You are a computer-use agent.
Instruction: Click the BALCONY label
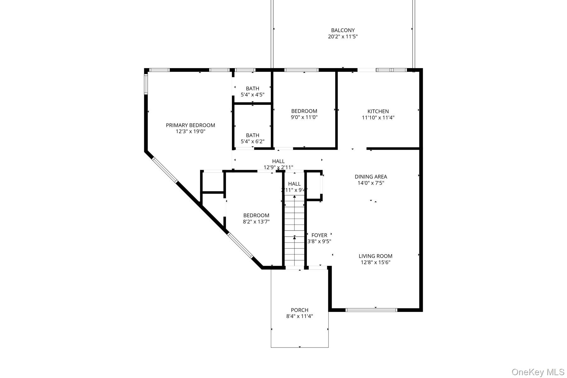343,30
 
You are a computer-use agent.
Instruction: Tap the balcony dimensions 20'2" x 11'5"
343,37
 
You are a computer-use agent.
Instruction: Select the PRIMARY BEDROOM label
191,125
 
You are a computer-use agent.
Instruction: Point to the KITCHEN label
378,111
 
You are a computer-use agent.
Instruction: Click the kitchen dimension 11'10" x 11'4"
378,117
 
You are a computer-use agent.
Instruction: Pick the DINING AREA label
371,177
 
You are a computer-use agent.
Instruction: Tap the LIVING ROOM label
375,256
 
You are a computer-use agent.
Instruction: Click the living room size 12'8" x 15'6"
375,262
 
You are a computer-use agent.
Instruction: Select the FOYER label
319,235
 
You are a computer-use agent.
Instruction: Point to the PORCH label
300,310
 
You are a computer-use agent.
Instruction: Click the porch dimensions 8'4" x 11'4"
300,316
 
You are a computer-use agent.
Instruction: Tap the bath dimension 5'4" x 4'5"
253,94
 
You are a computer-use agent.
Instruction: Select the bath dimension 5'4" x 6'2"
253,141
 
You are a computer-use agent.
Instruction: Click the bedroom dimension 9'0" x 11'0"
304,117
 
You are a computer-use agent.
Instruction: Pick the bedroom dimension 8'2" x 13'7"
256,221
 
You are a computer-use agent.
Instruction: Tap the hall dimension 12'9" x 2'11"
278,168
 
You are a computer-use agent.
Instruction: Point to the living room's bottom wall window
371,310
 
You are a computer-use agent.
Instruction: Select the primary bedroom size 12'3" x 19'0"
191,131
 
